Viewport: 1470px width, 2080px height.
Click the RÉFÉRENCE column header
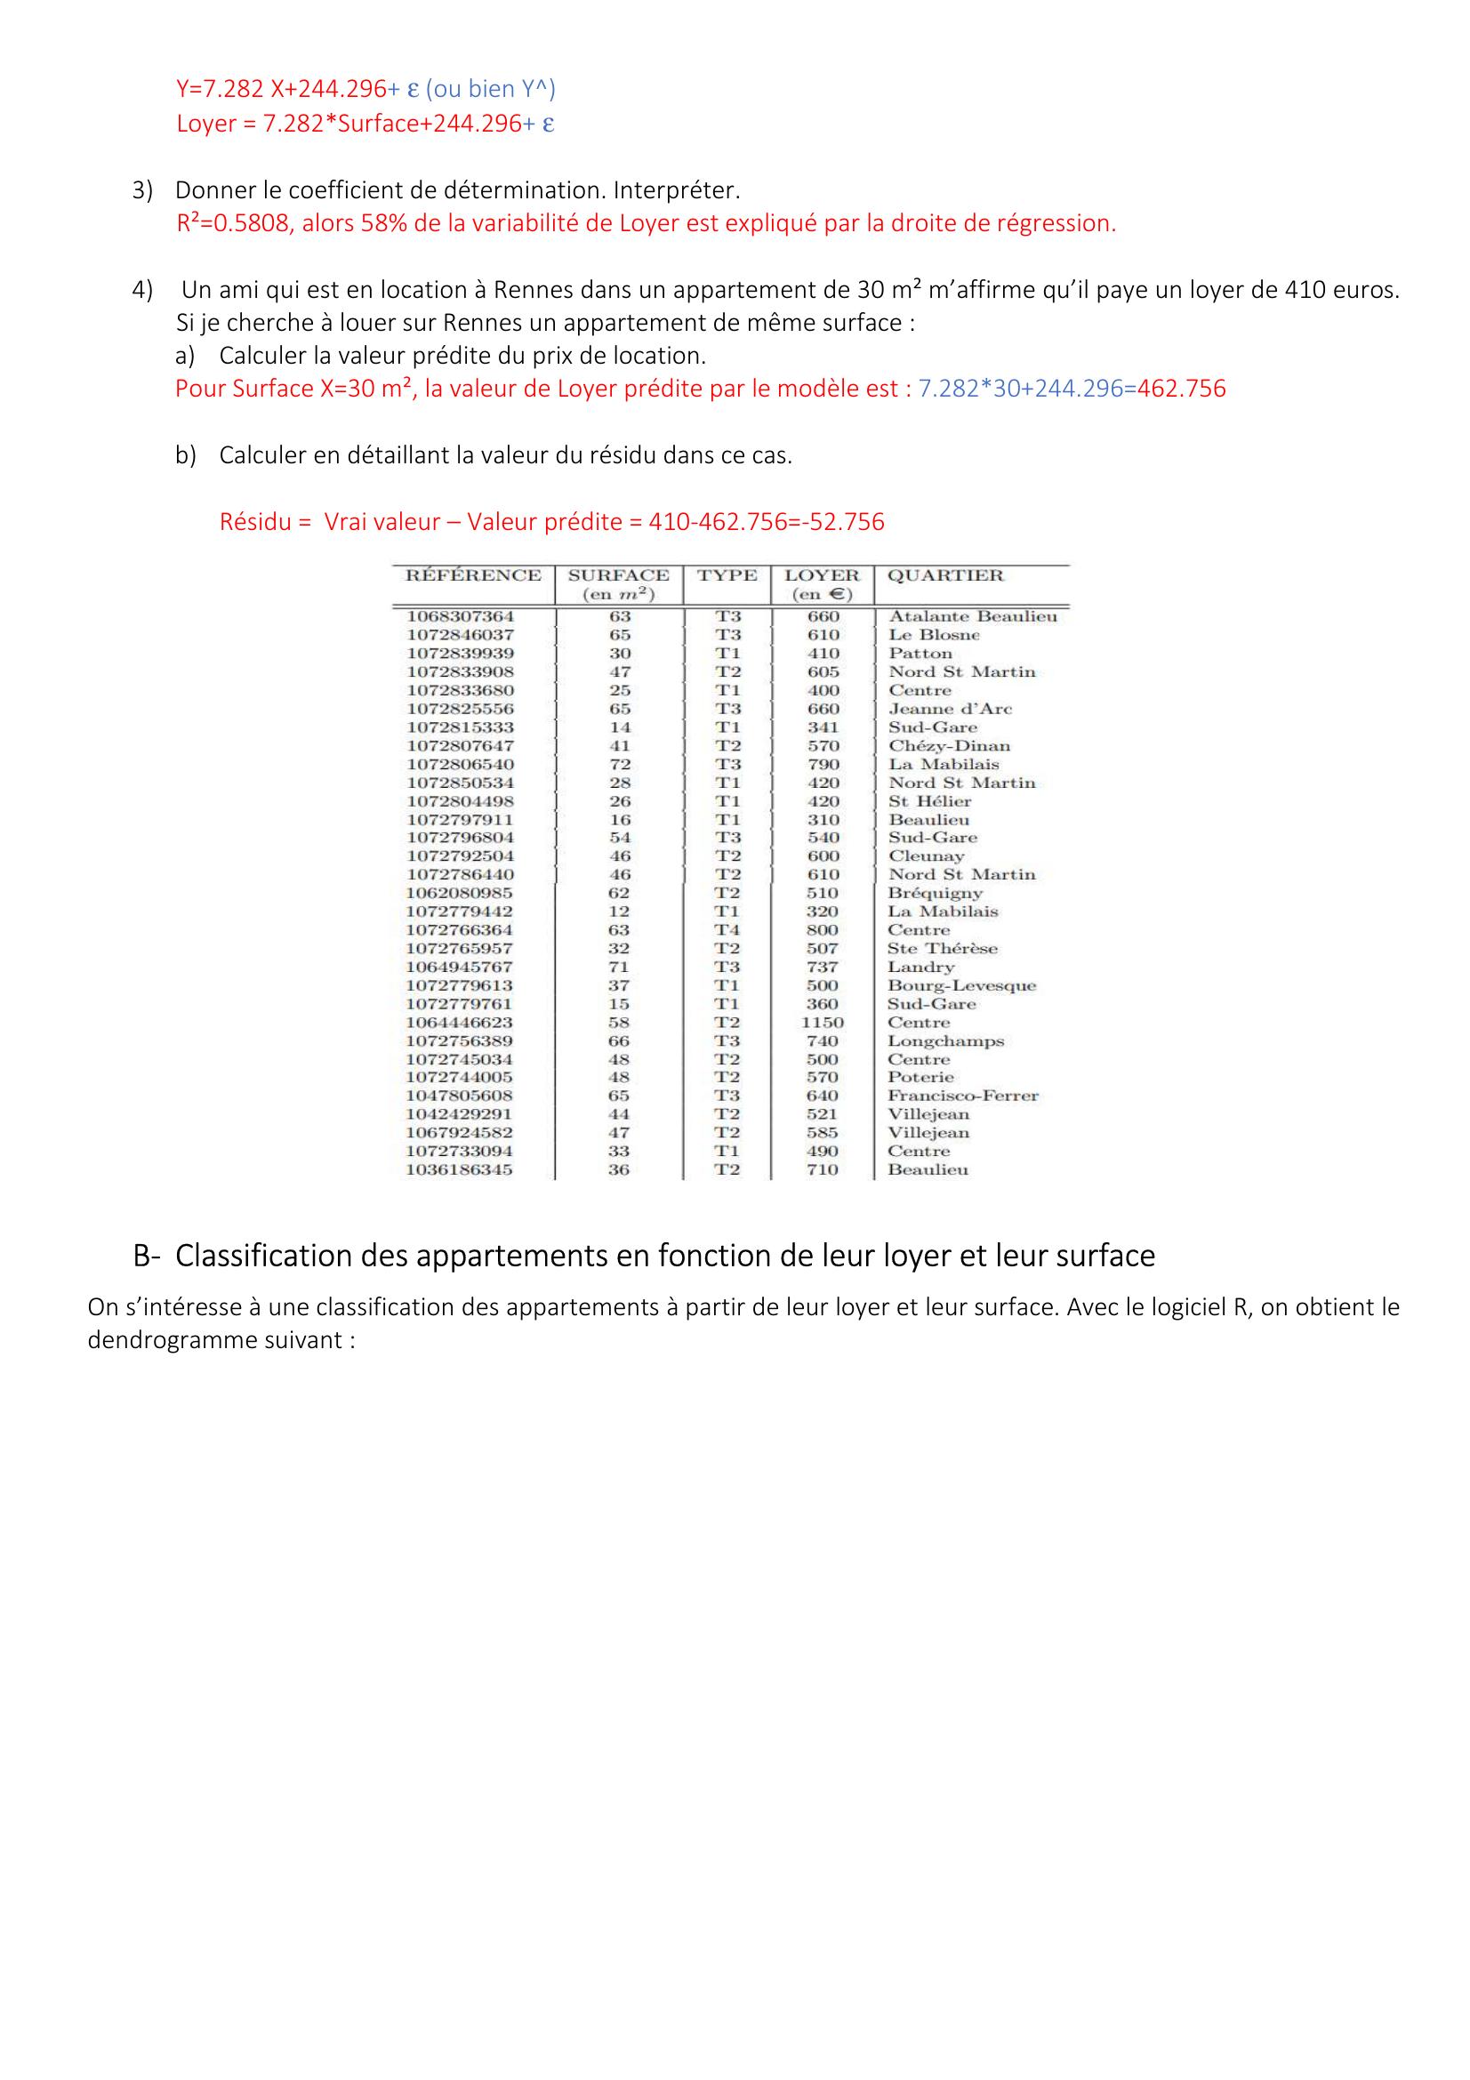tap(473, 575)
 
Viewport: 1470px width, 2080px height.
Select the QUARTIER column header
tap(944, 575)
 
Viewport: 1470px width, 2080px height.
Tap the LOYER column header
tap(822, 575)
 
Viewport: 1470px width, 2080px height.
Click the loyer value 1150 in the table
tap(823, 1023)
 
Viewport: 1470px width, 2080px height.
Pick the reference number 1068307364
tap(460, 617)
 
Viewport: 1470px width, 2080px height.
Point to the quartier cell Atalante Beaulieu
tap(972, 617)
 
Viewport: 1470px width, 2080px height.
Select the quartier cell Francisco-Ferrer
tap(963, 1096)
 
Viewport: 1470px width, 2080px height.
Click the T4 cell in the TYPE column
tap(727, 930)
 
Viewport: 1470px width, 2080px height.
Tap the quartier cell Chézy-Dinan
tap(948, 746)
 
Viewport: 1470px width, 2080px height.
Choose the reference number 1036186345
tap(460, 1170)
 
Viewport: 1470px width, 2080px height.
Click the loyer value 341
tap(823, 727)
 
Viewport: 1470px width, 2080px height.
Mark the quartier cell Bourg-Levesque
tap(961, 985)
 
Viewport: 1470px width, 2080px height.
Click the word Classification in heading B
tap(263, 1256)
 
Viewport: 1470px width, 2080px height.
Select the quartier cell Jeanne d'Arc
tap(949, 710)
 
